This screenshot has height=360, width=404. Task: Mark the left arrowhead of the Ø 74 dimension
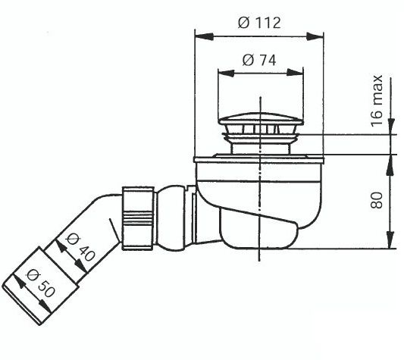tap(222, 74)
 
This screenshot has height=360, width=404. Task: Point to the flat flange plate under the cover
tap(259, 158)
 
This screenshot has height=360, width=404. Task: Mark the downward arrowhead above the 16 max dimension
tap(392, 129)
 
